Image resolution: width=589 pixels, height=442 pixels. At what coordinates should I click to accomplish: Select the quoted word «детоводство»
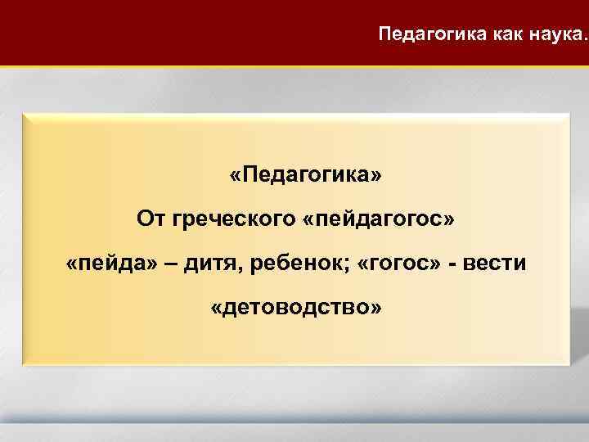294,309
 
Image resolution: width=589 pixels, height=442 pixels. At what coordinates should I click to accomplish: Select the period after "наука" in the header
584,39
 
